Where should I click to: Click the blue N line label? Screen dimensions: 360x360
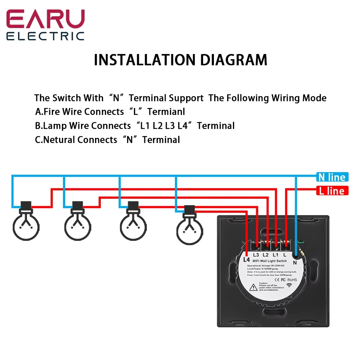click(x=332, y=177)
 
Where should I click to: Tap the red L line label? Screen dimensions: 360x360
click(x=332, y=191)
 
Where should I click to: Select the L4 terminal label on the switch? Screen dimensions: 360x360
click(x=247, y=259)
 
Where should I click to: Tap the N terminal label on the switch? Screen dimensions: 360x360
click(x=295, y=263)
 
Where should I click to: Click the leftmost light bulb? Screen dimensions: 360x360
click(x=26, y=225)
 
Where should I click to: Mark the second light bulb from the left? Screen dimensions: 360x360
click(x=77, y=225)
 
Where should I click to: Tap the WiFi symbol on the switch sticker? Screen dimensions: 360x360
click(x=289, y=284)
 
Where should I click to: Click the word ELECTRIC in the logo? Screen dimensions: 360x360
click(x=45, y=36)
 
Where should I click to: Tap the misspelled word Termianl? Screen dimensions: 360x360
click(x=166, y=112)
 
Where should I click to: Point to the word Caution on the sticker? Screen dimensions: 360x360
click(x=264, y=283)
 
